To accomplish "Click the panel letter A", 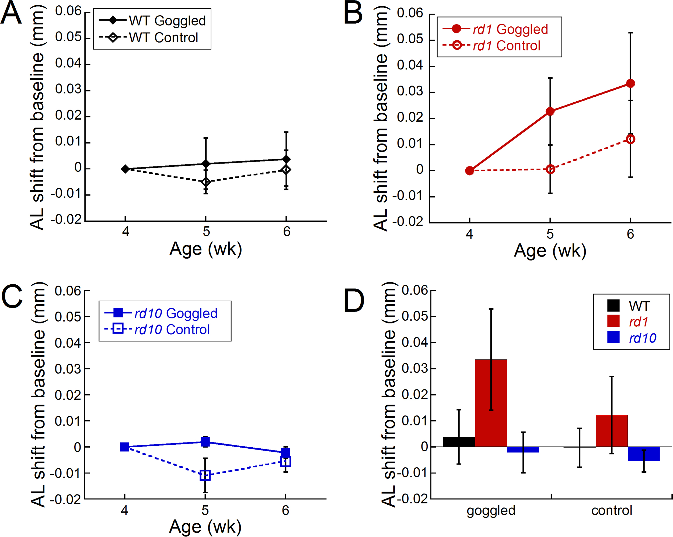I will tap(11, 13).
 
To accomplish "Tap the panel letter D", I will tap(354, 300).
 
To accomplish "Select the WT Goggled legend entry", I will tap(152, 21).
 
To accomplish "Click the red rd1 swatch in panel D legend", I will tap(613, 321).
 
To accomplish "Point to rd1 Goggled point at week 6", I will tap(630, 83).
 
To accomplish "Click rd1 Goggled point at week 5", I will tap(550, 111).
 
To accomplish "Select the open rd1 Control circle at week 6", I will tap(630, 139).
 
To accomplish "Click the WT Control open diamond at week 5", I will tap(206, 182).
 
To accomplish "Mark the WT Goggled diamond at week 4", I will tap(125, 169).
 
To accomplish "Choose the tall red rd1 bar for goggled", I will tap(491, 403).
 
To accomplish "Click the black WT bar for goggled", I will tap(459, 442).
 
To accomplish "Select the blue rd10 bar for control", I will tap(644, 454).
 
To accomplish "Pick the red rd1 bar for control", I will tap(612, 431).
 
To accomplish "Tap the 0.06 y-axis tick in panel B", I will tap(410, 13).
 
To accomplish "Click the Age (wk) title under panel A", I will tap(206, 249).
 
